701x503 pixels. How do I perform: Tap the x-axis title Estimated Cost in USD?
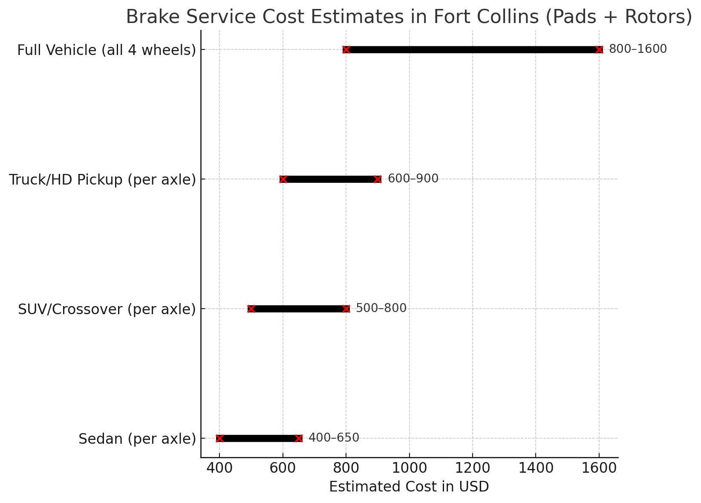pos(409,486)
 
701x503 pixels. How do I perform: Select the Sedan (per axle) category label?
pos(137,439)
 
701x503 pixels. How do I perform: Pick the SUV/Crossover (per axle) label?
pos(107,309)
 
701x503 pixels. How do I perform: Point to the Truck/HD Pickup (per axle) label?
pos(102,179)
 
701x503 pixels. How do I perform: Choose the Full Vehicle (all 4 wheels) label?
pos(107,50)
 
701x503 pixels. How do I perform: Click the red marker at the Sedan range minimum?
pos(219,438)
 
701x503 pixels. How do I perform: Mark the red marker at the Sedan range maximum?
pos(299,438)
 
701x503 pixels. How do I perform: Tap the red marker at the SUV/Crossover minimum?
pos(251,309)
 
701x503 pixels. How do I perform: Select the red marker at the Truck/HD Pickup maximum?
pos(378,179)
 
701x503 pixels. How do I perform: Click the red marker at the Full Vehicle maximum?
pos(599,49)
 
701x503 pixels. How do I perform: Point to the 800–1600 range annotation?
pos(638,49)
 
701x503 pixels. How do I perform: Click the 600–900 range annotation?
pos(413,179)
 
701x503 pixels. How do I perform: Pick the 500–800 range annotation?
pos(381,308)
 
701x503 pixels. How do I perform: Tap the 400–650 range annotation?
pos(334,438)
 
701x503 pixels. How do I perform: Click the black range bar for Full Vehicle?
pos(473,49)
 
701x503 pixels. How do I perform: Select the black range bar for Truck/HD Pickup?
pos(330,179)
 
